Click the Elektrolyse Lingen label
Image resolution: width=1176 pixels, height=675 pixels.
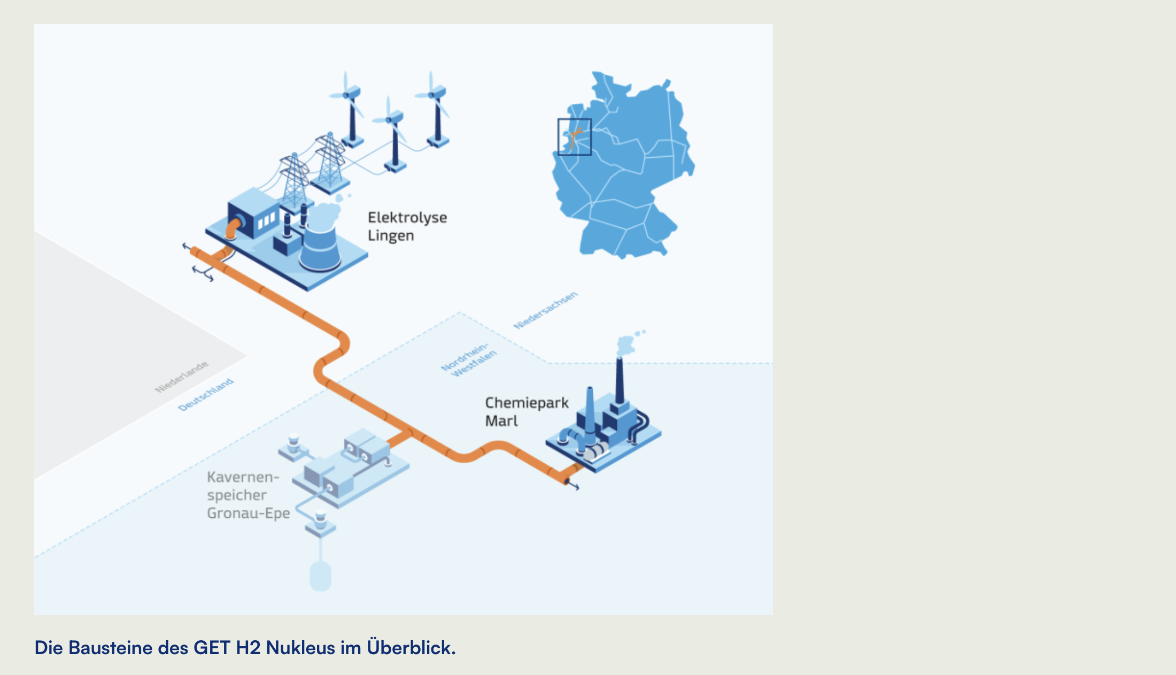[407, 226]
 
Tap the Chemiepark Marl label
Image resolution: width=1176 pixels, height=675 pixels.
[527, 412]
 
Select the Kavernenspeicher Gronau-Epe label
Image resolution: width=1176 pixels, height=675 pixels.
[249, 495]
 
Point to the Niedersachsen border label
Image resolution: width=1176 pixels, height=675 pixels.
[546, 310]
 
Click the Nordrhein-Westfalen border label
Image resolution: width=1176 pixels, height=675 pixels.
[468, 359]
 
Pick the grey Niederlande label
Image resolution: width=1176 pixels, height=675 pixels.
[182, 377]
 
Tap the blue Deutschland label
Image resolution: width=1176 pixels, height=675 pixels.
[206, 395]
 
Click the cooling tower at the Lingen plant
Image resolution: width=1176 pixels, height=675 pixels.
[320, 241]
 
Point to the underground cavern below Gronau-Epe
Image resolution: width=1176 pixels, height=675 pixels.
[321, 576]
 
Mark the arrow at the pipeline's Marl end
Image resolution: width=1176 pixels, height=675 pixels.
[573, 485]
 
